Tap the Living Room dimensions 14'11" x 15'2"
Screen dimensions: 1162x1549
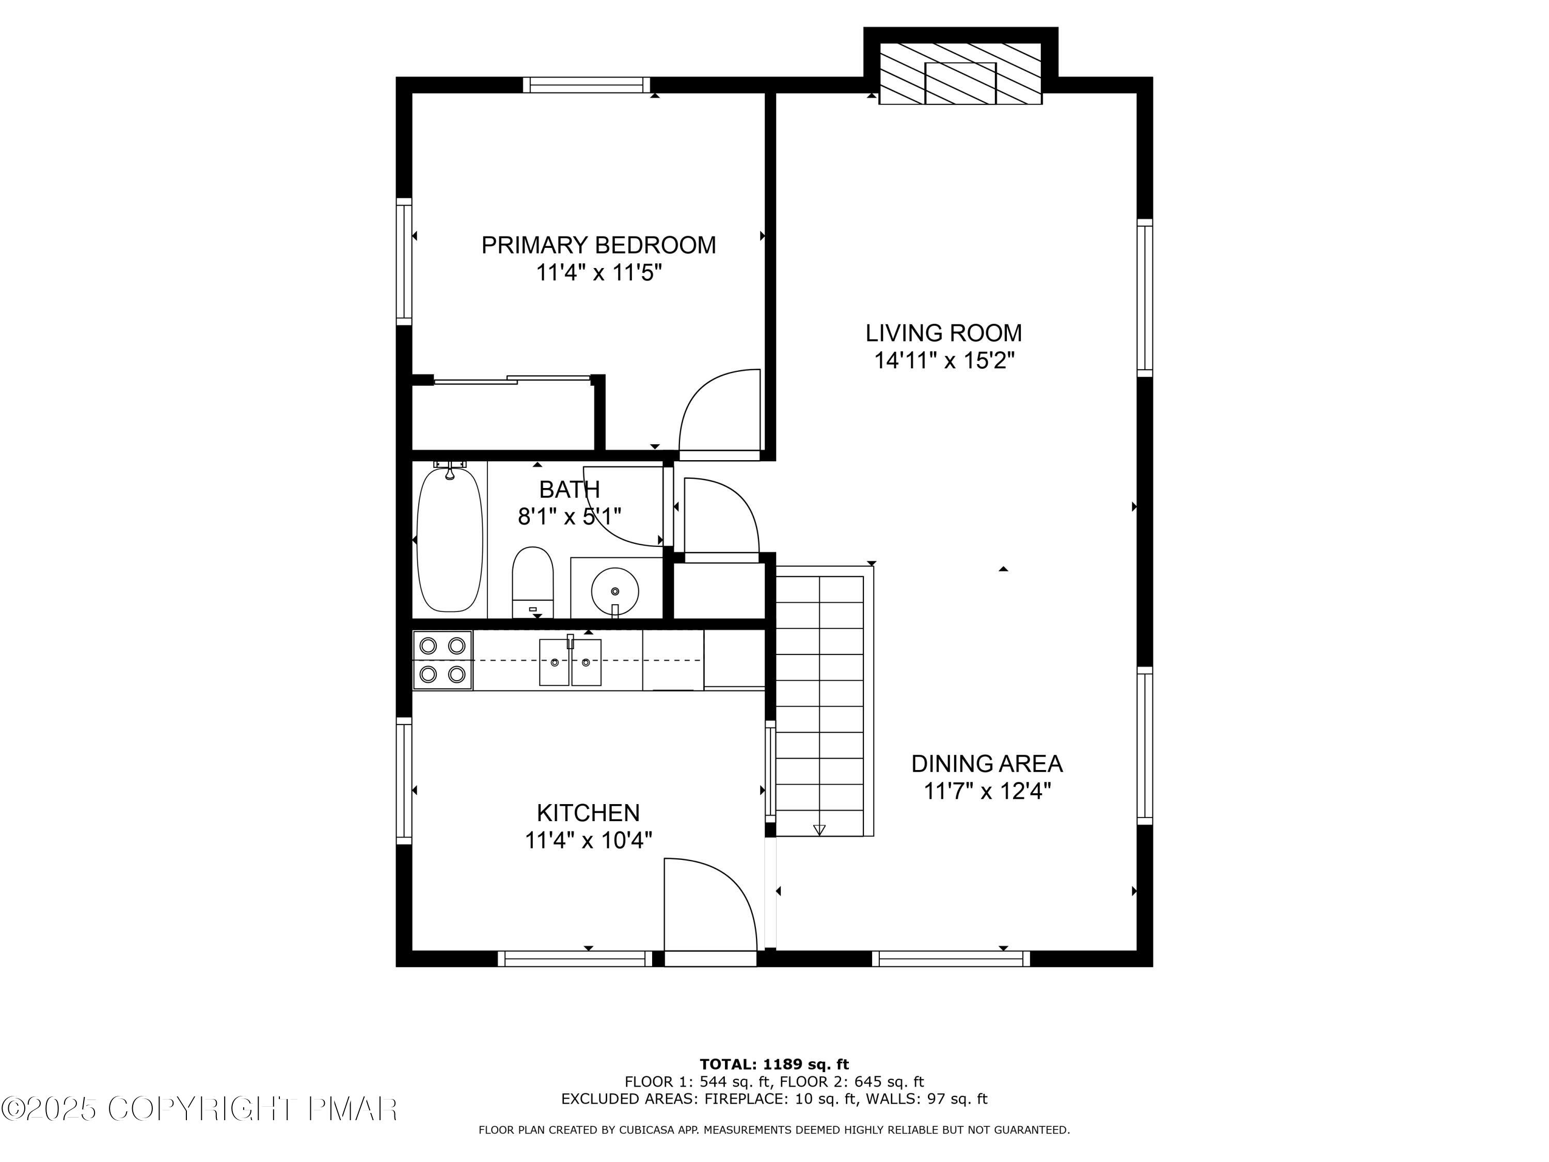tap(943, 360)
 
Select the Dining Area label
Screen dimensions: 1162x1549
tap(987, 763)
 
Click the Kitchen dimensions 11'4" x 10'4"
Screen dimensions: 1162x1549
tap(588, 840)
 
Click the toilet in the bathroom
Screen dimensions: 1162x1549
tap(533, 582)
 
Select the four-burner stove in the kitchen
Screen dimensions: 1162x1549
tap(442, 660)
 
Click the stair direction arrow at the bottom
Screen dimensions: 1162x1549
tap(819, 830)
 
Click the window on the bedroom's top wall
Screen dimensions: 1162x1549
tap(586, 85)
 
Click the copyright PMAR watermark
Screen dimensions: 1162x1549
tap(200, 1109)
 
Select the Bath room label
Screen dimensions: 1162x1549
tap(570, 489)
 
